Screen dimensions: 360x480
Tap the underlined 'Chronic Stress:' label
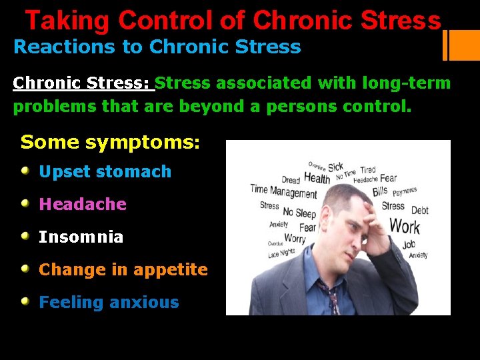(x=83, y=84)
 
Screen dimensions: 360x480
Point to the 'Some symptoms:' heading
(x=110, y=142)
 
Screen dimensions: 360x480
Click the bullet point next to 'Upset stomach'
(x=25, y=171)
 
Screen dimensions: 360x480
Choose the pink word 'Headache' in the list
(x=83, y=204)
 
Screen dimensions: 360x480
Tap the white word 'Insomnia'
(x=81, y=237)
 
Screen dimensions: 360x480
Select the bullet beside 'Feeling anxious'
(x=25, y=302)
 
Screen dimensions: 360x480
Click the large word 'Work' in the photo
(x=404, y=227)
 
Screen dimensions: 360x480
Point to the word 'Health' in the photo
(x=317, y=178)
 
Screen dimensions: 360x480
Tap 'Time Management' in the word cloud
(x=283, y=191)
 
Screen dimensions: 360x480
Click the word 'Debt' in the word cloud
(x=420, y=211)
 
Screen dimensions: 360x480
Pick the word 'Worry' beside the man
(x=295, y=238)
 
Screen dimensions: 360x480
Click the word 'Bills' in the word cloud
(x=379, y=192)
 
